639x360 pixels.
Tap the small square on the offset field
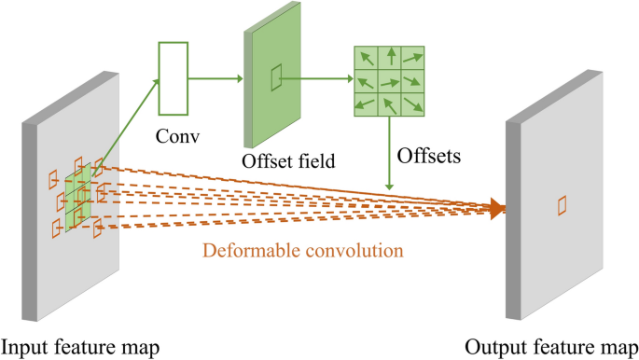click(x=276, y=78)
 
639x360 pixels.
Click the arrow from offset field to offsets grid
click(x=317, y=79)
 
